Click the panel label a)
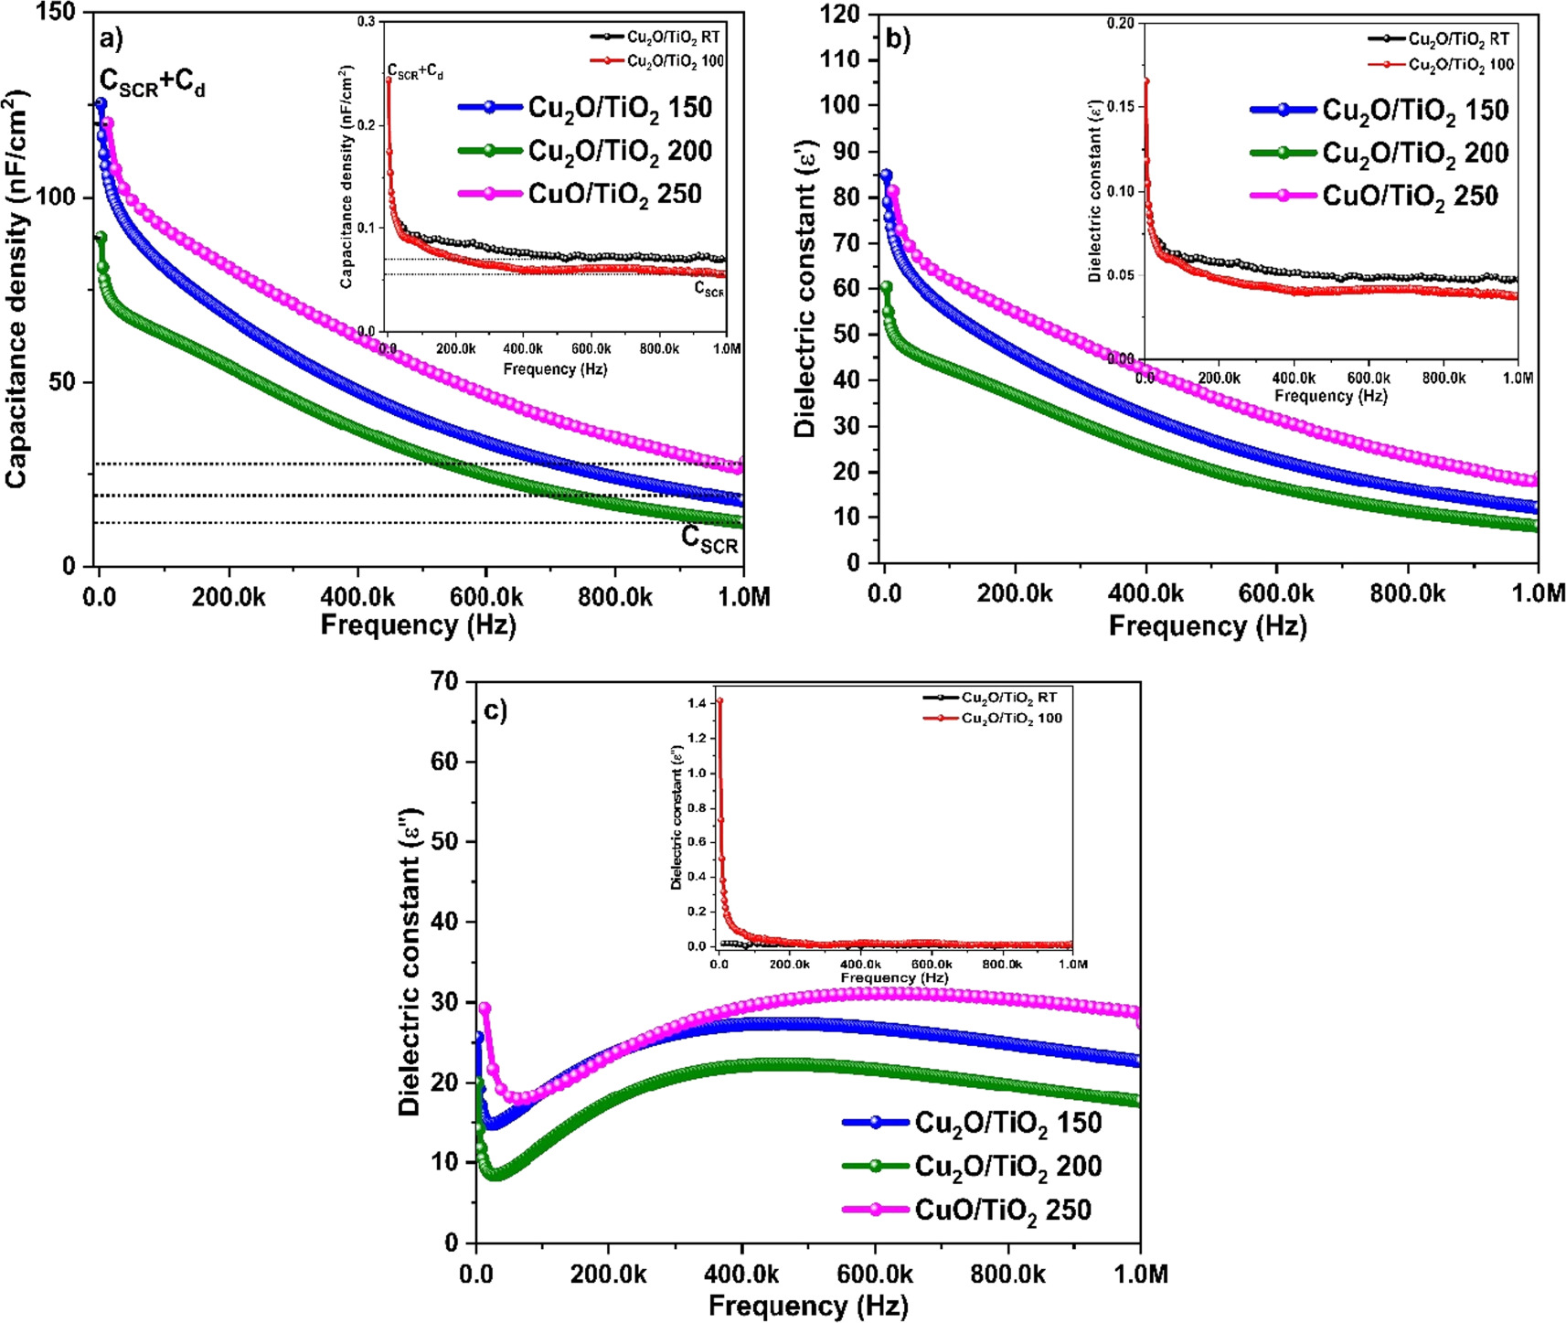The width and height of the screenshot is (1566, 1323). coord(111,39)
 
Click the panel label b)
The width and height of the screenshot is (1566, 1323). coord(898,39)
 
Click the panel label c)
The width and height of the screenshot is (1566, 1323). coord(495,710)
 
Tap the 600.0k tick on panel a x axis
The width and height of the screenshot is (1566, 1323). coord(485,598)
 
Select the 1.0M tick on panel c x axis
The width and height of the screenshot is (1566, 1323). coord(1140,1274)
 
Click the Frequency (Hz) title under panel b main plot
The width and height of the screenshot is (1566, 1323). coord(1207,626)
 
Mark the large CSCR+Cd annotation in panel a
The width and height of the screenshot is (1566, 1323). coord(152,84)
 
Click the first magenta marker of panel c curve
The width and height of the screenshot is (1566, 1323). coord(485,1008)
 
